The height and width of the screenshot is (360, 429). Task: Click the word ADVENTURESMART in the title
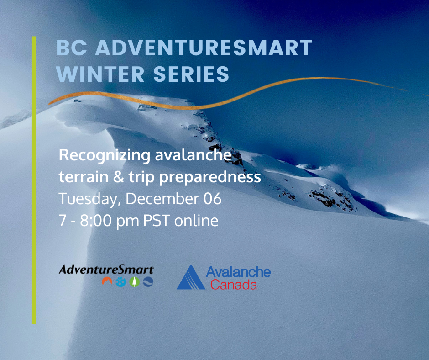click(204, 48)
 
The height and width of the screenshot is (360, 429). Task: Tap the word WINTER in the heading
click(100, 74)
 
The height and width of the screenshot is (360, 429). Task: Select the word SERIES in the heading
click(191, 74)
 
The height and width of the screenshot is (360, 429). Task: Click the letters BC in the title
click(71, 48)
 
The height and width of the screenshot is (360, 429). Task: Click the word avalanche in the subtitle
click(194, 155)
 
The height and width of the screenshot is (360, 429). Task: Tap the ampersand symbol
click(119, 177)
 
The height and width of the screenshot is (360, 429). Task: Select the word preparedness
click(210, 178)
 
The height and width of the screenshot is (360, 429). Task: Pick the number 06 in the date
click(212, 199)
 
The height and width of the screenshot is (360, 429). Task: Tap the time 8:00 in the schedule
click(96, 221)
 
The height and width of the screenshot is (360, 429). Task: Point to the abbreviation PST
click(157, 221)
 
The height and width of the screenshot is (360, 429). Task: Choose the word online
click(196, 221)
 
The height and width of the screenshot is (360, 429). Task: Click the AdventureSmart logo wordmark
click(106, 270)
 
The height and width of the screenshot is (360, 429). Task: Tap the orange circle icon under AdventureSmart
click(107, 281)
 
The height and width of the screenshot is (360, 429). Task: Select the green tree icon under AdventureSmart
click(134, 282)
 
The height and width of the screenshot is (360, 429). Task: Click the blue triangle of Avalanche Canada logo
click(191, 277)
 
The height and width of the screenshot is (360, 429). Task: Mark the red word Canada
click(234, 285)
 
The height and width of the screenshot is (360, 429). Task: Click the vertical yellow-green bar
click(34, 180)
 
